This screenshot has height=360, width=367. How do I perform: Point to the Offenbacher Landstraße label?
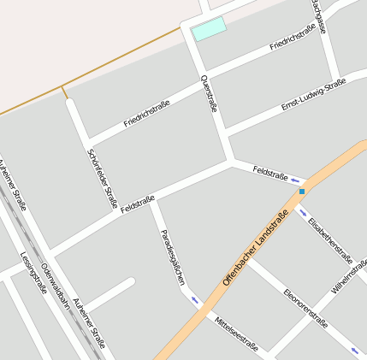coord(254,245)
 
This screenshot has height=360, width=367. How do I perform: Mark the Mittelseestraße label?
coord(237,333)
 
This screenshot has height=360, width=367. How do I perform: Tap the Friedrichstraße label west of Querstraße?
coord(146,114)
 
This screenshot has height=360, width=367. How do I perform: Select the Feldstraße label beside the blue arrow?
coord(270,174)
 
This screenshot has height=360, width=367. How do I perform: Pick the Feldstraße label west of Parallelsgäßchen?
coord(138,204)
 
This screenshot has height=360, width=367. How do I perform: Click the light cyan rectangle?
coord(209,28)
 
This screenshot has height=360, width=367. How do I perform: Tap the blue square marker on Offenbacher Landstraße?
coord(302,192)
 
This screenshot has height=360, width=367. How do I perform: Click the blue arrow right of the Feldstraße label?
coord(296,180)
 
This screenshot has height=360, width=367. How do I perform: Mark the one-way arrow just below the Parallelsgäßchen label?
coord(193,299)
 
